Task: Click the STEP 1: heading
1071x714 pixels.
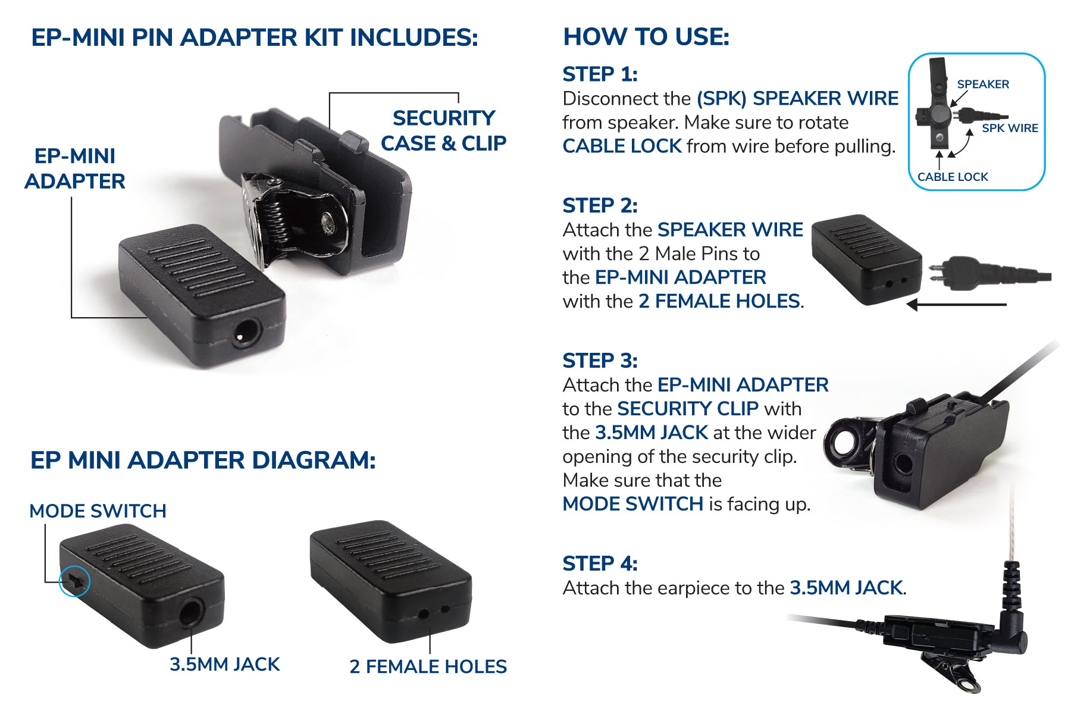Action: pyautogui.click(x=600, y=74)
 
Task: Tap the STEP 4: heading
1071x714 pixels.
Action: pyautogui.click(x=600, y=563)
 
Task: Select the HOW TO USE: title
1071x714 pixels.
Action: pyautogui.click(x=646, y=37)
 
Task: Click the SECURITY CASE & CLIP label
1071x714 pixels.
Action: pyautogui.click(x=444, y=131)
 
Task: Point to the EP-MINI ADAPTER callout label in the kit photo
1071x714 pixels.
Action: pyautogui.click(x=75, y=168)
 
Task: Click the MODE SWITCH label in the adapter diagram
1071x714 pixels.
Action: pyautogui.click(x=98, y=511)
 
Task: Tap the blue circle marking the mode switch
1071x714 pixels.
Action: pyautogui.click(x=74, y=581)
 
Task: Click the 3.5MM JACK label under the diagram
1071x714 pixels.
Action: pyautogui.click(x=224, y=664)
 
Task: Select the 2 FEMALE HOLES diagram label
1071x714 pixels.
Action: pyautogui.click(x=428, y=666)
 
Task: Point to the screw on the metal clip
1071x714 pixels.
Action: pyautogui.click(x=328, y=223)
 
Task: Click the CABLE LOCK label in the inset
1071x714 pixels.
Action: pyautogui.click(x=952, y=177)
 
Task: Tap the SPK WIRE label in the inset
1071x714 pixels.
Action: pyautogui.click(x=1009, y=128)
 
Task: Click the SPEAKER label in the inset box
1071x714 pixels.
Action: pyautogui.click(x=982, y=84)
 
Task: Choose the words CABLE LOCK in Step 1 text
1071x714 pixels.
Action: pyautogui.click(x=622, y=146)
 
